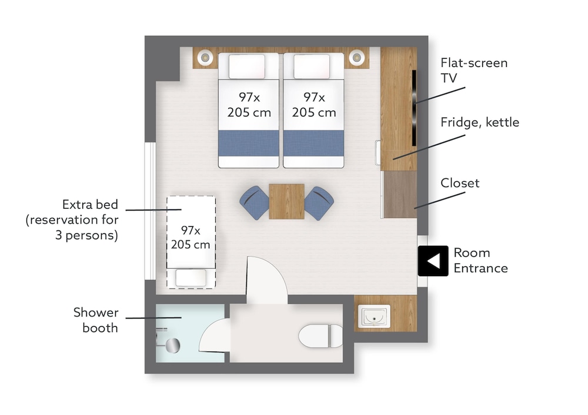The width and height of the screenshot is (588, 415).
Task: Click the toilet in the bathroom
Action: click(320, 336)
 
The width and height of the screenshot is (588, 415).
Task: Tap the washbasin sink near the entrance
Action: click(374, 316)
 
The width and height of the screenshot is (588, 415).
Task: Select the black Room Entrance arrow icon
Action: click(433, 261)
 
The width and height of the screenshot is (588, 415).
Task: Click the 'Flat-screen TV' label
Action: click(474, 70)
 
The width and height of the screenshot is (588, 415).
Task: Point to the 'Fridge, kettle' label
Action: click(480, 122)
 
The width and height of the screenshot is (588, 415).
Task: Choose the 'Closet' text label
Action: click(460, 183)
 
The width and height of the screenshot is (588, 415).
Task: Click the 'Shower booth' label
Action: click(96, 320)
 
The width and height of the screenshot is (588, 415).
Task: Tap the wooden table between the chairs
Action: click(286, 201)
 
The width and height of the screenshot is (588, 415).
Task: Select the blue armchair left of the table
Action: click(255, 203)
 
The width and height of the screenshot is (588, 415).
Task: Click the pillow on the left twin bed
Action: click(247, 67)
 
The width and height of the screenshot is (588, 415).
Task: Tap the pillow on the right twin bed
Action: click(312, 67)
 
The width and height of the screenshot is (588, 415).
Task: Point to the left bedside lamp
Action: click(205, 58)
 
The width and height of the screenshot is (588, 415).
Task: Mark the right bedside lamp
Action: click(357, 58)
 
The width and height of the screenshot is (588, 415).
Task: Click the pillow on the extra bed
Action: click(191, 278)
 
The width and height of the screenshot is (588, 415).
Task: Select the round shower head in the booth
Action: click(173, 345)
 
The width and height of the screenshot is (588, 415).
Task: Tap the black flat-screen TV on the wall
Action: click(414, 108)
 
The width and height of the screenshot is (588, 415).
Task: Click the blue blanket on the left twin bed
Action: click(249, 143)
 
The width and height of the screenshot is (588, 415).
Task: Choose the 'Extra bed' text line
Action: click(90, 205)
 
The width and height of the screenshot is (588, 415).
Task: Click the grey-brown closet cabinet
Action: click(400, 194)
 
